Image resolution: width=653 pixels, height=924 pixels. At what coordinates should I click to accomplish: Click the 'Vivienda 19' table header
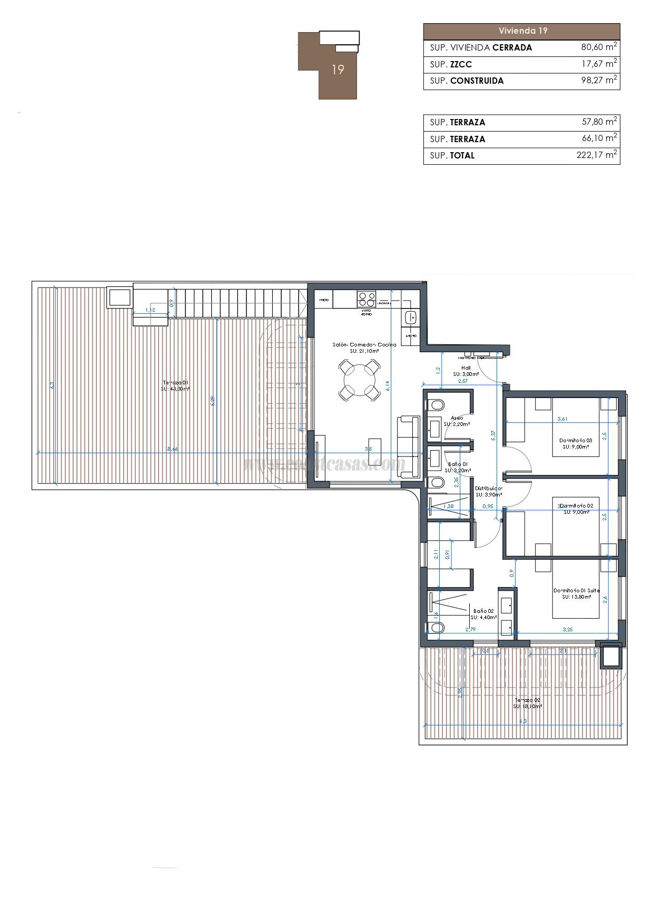[522, 31]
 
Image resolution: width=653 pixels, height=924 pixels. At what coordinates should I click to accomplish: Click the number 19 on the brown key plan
[338, 69]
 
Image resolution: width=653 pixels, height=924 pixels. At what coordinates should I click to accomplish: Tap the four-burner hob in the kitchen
[366, 299]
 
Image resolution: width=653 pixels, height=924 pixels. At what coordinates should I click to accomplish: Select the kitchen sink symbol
[411, 317]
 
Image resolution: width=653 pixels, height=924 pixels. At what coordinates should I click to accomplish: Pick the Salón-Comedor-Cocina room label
[364, 345]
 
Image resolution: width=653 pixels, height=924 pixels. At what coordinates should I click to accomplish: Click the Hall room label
[466, 368]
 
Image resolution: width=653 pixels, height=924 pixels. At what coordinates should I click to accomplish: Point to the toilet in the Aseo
[435, 405]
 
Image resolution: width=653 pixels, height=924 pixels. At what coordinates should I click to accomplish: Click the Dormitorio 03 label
[576, 440]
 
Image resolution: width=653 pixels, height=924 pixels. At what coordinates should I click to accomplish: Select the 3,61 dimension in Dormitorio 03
[562, 419]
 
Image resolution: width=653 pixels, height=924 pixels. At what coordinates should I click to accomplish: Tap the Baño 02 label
[483, 611]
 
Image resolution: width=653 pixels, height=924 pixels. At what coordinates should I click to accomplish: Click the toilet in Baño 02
[436, 628]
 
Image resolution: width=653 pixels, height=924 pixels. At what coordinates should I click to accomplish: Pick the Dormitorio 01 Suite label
[576, 591]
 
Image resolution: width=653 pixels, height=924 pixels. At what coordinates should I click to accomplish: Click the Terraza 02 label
[527, 700]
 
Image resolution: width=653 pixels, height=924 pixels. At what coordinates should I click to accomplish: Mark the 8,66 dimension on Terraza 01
[172, 449]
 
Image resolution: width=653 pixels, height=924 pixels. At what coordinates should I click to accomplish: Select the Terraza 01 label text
[175, 383]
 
